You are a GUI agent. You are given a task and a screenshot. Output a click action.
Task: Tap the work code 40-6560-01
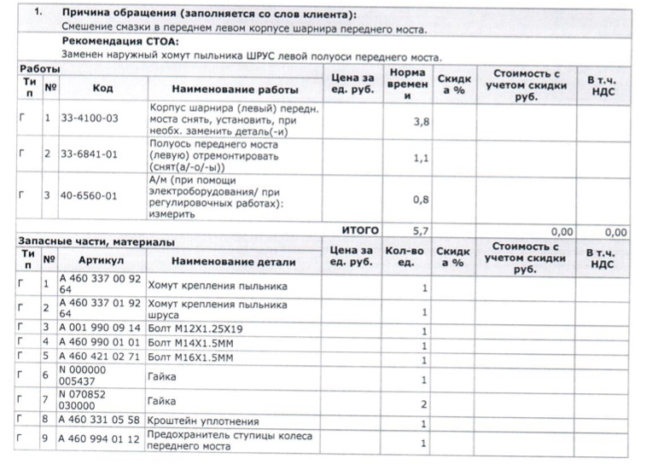[90, 196]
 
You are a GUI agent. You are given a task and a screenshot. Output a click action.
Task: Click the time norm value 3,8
[420, 123]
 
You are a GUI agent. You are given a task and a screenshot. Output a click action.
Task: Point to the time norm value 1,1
[420, 159]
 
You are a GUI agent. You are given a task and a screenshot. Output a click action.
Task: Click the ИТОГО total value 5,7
[420, 231]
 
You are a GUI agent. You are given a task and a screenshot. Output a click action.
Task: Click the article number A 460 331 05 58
[99, 420]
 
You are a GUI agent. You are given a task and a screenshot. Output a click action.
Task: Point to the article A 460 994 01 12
[99, 441]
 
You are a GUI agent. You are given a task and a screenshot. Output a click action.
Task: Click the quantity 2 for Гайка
[423, 404]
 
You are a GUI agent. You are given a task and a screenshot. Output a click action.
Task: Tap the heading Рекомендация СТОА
[120, 42]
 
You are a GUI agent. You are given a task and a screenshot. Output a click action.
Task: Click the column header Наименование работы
[235, 89]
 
